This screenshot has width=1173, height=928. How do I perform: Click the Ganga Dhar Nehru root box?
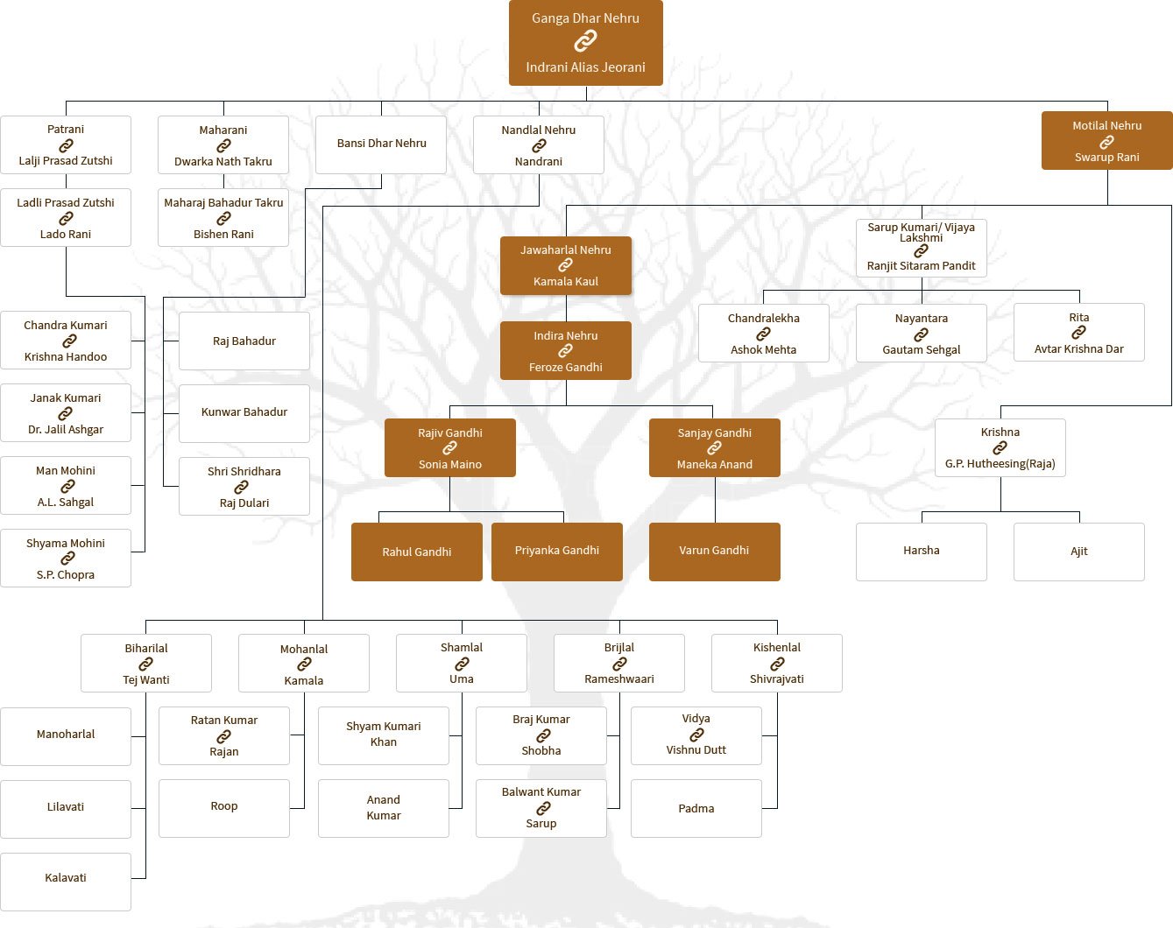tap(585, 42)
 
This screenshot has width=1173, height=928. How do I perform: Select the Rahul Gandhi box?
tap(417, 552)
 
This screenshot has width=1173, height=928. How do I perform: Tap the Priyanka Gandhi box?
tap(557, 551)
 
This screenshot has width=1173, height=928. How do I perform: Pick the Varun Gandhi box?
tap(714, 551)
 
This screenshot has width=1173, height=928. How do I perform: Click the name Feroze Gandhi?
tap(566, 368)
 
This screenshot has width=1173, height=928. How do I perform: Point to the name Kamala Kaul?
tap(566, 282)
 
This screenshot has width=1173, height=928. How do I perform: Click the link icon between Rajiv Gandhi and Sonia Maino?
tap(450, 448)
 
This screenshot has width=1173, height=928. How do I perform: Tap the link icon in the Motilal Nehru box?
tap(1107, 142)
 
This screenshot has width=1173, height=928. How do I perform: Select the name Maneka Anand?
tap(715, 465)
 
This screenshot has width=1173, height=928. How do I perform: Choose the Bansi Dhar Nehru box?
tap(382, 144)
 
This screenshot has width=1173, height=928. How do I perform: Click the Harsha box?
tap(922, 551)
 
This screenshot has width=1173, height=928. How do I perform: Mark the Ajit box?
tap(1079, 552)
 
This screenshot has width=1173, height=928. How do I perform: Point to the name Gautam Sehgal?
tap(922, 350)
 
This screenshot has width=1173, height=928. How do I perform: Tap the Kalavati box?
tap(66, 878)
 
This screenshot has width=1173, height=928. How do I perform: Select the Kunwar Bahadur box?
tap(244, 412)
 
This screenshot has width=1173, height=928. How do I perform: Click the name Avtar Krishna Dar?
tap(1079, 349)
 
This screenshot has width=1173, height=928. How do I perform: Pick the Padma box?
tap(696, 809)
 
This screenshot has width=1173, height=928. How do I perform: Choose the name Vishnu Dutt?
tap(696, 750)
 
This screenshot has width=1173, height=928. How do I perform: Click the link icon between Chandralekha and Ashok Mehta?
tap(764, 334)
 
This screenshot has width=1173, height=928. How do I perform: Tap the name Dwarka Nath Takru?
tap(223, 162)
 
